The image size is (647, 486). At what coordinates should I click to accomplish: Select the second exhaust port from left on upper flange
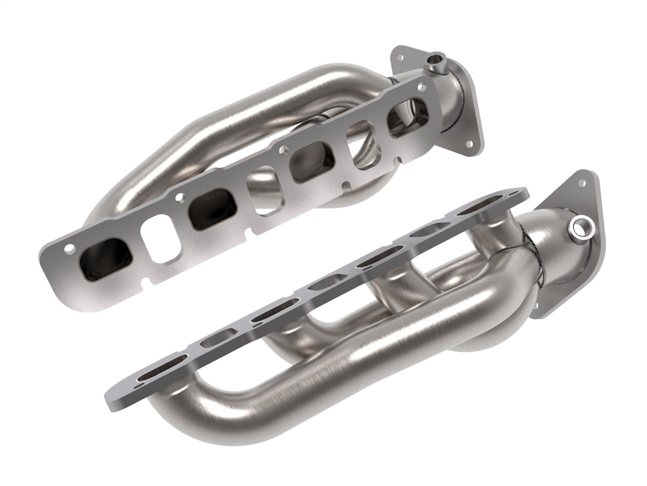click(x=213, y=208)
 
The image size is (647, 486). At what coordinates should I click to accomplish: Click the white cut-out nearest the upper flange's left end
click(x=160, y=245)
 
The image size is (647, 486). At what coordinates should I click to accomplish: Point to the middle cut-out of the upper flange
click(x=264, y=191)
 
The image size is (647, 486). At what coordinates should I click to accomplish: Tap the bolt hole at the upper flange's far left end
click(x=69, y=248)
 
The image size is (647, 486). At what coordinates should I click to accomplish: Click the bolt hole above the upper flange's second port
click(x=180, y=197)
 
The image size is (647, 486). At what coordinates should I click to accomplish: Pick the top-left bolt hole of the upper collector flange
click(x=397, y=55)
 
